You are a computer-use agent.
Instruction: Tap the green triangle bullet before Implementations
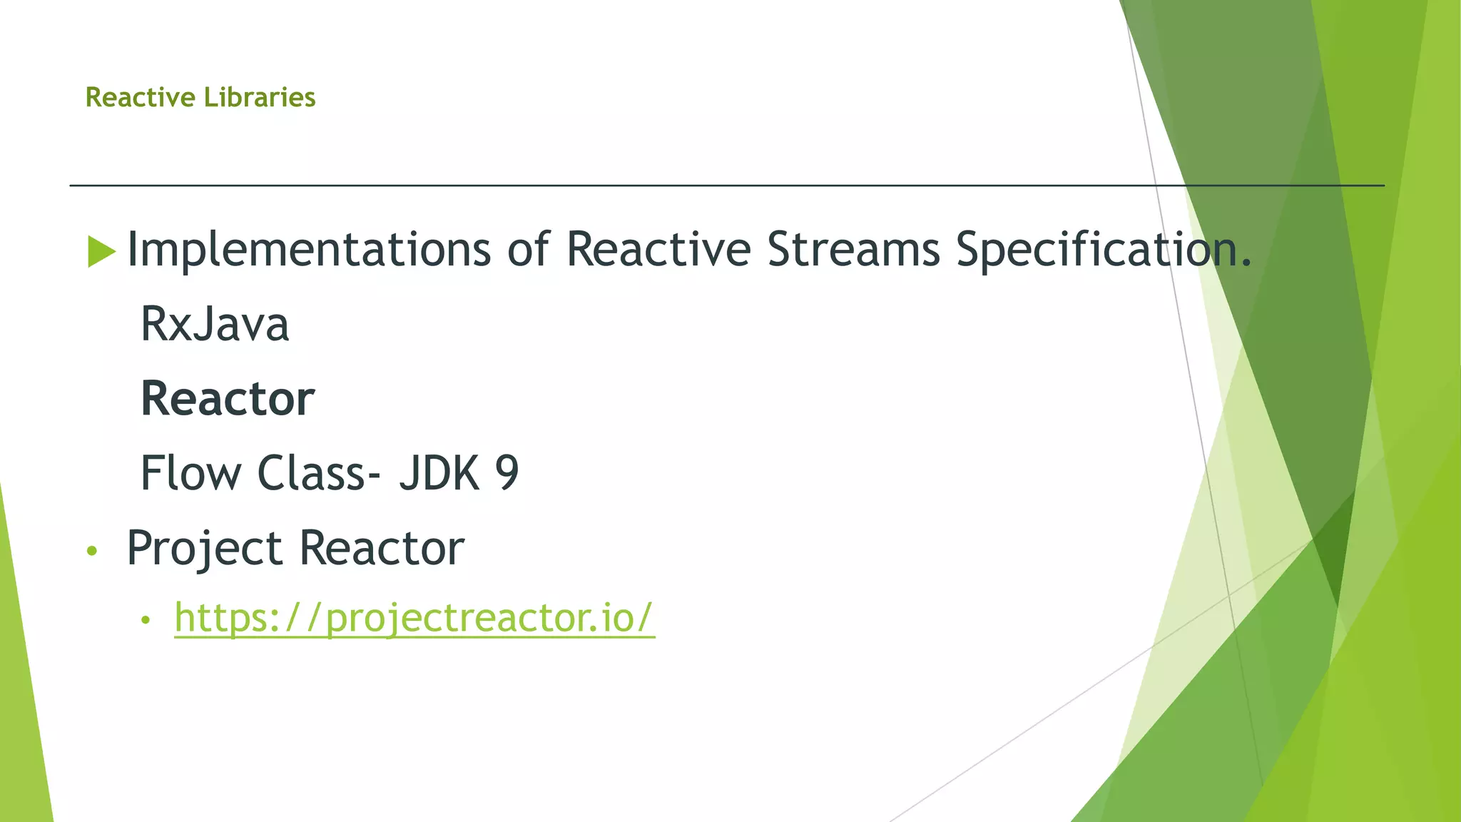click(101, 251)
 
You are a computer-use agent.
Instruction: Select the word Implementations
click(308, 250)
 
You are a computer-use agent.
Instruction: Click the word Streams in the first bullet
click(853, 250)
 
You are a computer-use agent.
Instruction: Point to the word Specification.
click(1103, 250)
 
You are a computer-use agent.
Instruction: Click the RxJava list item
click(215, 325)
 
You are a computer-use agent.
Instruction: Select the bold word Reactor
click(228, 399)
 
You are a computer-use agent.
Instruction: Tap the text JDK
click(439, 472)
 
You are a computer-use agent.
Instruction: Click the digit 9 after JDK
click(506, 472)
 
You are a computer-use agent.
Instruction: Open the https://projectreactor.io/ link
click(414, 618)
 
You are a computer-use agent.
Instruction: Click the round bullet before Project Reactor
click(91, 551)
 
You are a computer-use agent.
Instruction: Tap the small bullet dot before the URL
click(146, 620)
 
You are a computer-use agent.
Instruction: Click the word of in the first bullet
click(528, 250)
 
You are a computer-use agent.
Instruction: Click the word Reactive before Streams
click(658, 250)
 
